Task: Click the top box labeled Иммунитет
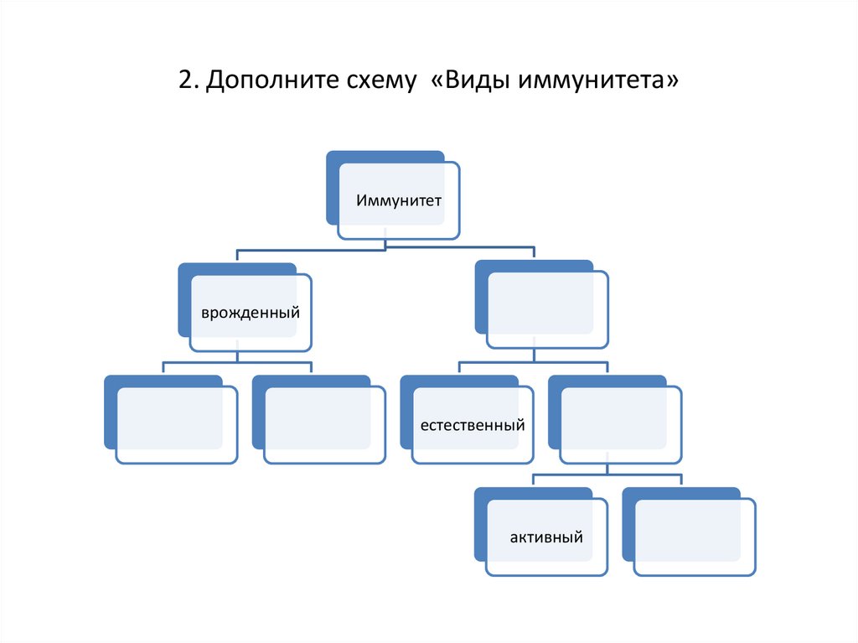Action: tap(398, 201)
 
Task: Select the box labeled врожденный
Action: tap(250, 313)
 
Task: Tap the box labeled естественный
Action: tap(473, 425)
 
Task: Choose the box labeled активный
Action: tap(546, 537)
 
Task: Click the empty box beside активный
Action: tap(695, 537)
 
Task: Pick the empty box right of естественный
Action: tap(620, 425)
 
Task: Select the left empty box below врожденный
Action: tap(176, 425)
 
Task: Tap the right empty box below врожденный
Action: tap(324, 425)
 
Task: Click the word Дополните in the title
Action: tap(261, 82)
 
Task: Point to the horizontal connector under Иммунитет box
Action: tap(385, 249)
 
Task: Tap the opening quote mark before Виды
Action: tap(438, 82)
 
